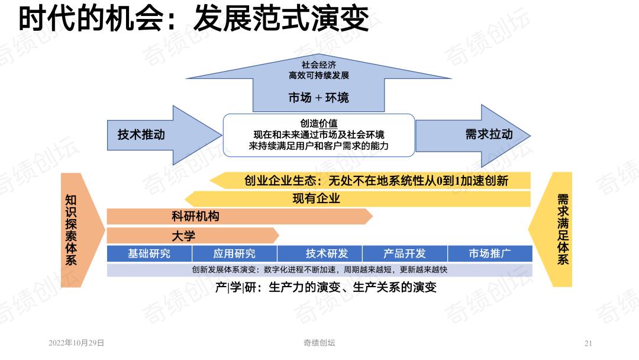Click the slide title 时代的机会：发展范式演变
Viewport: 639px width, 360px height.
coord(193,18)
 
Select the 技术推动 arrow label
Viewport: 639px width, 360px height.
coord(141,134)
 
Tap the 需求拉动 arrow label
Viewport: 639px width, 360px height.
coord(489,134)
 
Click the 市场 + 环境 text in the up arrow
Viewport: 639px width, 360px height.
coord(319,98)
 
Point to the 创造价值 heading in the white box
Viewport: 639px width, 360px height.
coord(319,123)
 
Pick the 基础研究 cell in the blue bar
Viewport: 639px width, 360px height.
coord(149,253)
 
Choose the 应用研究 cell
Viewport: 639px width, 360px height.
coord(234,253)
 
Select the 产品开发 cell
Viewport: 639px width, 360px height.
coord(405,253)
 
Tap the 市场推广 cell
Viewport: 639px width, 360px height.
coord(490,253)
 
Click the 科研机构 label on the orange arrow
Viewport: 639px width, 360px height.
coord(195,216)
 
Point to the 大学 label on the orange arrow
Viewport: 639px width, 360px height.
coord(183,236)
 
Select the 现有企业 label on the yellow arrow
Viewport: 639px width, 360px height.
coord(316,198)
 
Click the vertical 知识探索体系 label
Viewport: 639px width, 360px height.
coord(71,230)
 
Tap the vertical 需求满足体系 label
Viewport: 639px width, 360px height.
coord(563,229)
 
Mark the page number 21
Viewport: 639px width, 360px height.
coord(588,343)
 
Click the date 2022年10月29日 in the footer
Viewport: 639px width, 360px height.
coord(76,343)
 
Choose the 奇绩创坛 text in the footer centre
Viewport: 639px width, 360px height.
coord(319,343)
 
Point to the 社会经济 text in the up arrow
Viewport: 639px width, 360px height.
coord(319,65)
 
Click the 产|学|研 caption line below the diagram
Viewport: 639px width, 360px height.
coord(325,287)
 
